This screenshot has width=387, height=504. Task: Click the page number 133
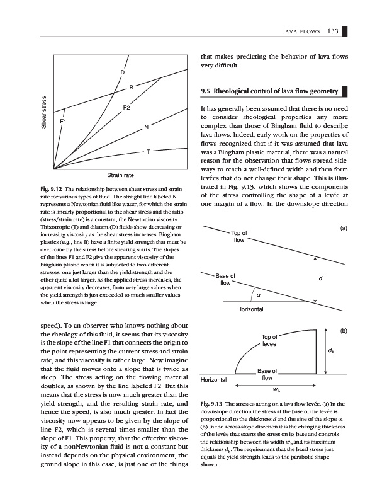point(334,33)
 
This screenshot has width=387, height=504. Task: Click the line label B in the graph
point(131,86)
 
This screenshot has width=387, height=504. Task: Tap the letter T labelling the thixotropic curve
point(149,152)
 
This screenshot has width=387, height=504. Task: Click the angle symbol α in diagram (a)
point(259,296)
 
